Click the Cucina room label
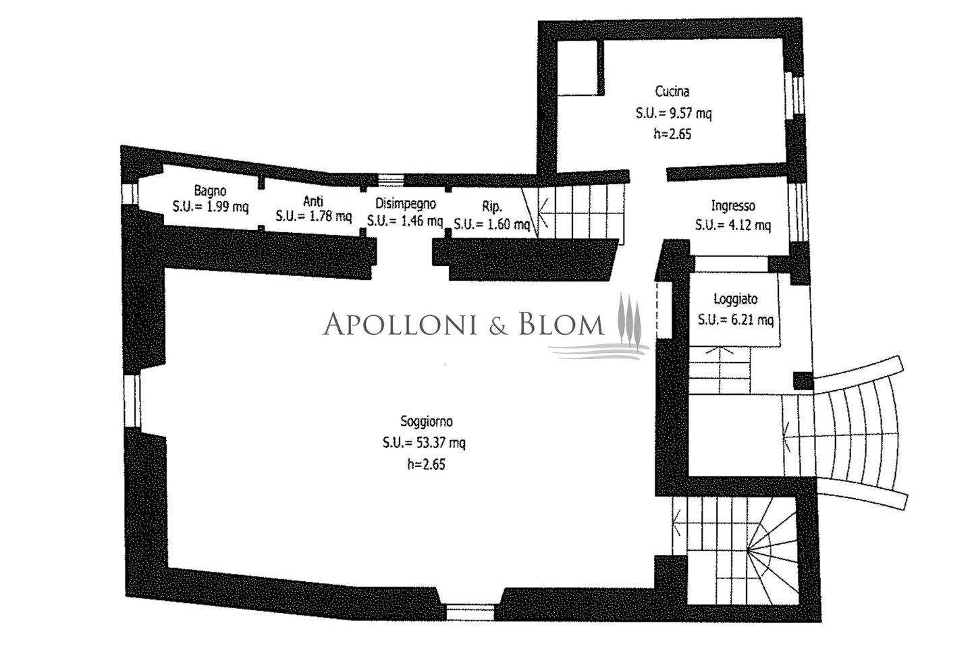pyautogui.click(x=672, y=92)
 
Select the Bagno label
pyautogui.click(x=210, y=190)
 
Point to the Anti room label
pyautogui.click(x=313, y=201)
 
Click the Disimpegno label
pyautogui.click(x=405, y=204)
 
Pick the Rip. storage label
pyautogui.click(x=491, y=206)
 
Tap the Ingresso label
pyautogui.click(x=733, y=205)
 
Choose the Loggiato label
pyautogui.click(x=736, y=299)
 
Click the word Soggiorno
pyautogui.click(x=426, y=421)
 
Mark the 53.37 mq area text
pyautogui.click(x=441, y=443)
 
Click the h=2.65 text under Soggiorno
pyautogui.click(x=426, y=464)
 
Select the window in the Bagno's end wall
pyautogui.click(x=130, y=194)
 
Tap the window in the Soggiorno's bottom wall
pyautogui.click(x=470, y=612)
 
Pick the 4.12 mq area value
pyautogui.click(x=747, y=225)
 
